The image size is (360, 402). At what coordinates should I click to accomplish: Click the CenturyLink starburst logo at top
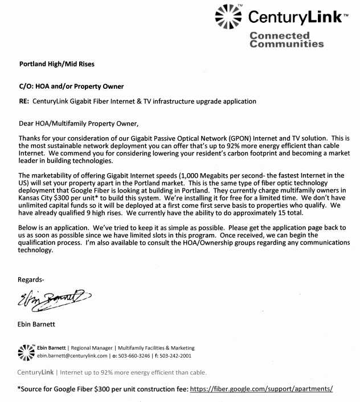click(x=228, y=15)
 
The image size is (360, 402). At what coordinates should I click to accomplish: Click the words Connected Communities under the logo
click(x=287, y=39)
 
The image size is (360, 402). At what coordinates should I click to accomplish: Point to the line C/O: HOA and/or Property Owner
click(x=71, y=86)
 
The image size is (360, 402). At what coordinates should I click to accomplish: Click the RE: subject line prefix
click(x=25, y=101)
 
